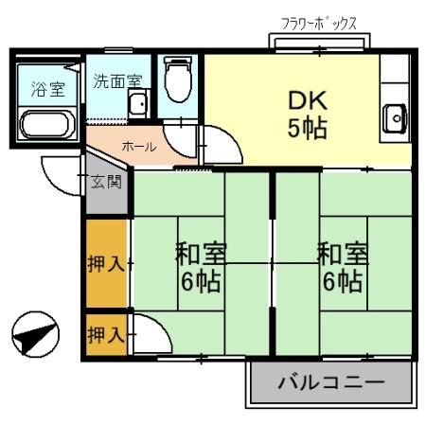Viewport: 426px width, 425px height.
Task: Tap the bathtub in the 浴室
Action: [45, 125]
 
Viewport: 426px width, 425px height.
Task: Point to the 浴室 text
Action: [46, 90]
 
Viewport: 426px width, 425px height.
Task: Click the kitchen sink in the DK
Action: [395, 118]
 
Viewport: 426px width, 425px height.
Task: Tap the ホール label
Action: [138, 147]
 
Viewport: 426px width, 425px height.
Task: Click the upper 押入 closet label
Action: [105, 263]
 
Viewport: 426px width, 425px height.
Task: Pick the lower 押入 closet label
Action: [104, 334]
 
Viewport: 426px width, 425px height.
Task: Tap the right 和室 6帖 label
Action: [341, 267]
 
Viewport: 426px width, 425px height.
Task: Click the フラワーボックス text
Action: [319, 22]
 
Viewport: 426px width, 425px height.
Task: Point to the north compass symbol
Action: [30, 334]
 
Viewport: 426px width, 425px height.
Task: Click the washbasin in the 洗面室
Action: [139, 105]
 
